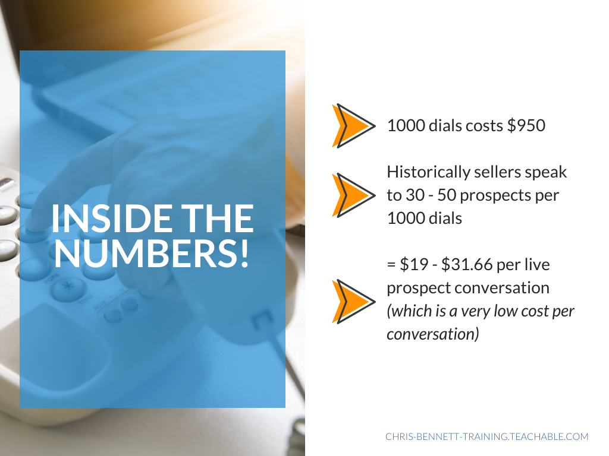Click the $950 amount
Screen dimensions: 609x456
(526, 125)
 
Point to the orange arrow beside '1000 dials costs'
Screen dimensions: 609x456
(353, 126)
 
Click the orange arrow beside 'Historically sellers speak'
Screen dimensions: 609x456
(353, 195)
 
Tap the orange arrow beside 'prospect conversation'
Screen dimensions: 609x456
(353, 301)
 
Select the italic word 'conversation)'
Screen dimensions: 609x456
(433, 334)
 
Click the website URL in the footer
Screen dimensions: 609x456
(486, 436)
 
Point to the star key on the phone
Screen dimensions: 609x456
(68, 287)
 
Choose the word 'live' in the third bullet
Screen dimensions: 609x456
(537, 264)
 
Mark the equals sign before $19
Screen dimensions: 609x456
(391, 265)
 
